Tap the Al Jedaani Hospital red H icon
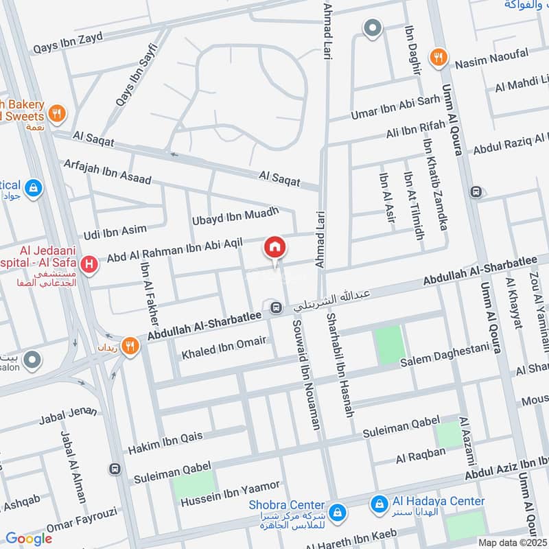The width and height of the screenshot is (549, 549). coord(88,264)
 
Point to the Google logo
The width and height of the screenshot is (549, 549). coord(29,539)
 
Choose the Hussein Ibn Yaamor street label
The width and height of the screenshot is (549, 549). coord(231,495)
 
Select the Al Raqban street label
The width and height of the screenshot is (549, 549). coord(421,454)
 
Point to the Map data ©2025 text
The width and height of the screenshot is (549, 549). coord(513,542)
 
